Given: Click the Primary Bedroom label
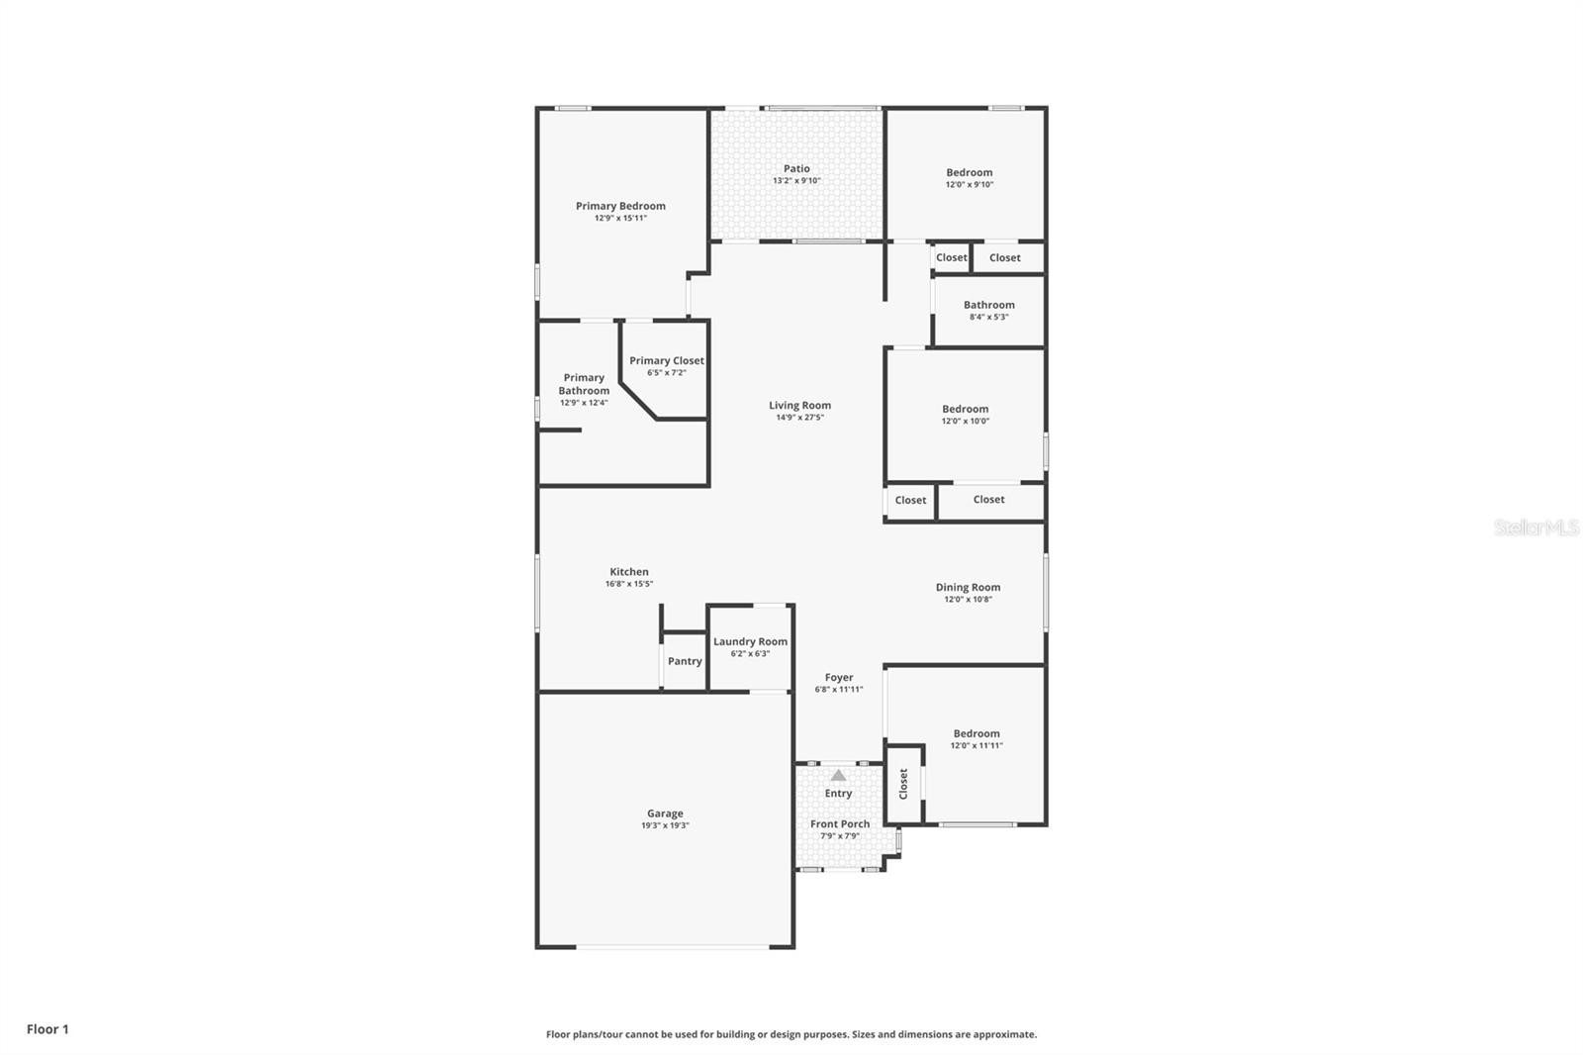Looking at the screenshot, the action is [620, 206].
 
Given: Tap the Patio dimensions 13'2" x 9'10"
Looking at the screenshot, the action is [796, 181].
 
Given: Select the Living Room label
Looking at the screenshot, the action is [800, 405].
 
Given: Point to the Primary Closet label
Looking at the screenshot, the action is [667, 360].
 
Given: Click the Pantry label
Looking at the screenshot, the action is [685, 661].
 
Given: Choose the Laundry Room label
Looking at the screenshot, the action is [751, 641].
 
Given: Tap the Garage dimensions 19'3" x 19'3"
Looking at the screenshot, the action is [665, 825].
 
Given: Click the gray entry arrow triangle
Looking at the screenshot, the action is [838, 775].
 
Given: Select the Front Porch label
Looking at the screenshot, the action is [840, 823].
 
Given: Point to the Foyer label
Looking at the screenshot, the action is [839, 677].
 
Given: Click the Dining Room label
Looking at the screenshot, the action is [969, 587].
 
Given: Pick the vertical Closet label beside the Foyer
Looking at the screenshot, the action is [903, 784].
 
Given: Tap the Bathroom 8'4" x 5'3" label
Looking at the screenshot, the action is [989, 305].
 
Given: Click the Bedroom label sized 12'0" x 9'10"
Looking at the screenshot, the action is [970, 172].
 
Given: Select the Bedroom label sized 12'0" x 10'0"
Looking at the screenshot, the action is [966, 409].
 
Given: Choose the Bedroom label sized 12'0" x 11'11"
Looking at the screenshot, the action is [977, 733].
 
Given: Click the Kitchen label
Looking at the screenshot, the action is [629, 571].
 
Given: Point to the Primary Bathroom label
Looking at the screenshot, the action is [584, 384].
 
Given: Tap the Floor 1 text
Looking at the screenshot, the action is [48, 1029].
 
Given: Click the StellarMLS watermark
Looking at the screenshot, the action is [1536, 527].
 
